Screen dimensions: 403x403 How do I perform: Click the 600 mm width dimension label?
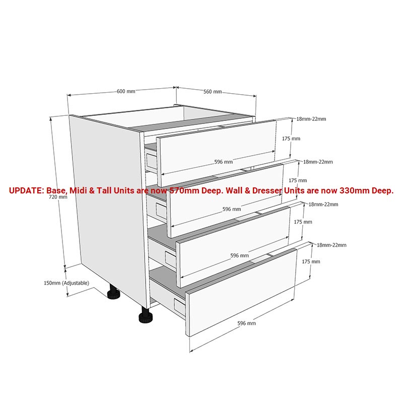[126, 91]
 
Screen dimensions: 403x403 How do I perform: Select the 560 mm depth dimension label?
[213, 92]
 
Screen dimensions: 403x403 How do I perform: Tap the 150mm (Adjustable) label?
[66, 283]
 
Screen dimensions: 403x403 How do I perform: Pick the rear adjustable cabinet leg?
[113, 292]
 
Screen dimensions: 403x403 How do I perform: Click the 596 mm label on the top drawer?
[223, 162]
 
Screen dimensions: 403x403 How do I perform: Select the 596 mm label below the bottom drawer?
[246, 323]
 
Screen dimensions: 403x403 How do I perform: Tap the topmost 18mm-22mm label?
[311, 119]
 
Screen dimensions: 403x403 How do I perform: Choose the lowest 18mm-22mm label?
[331, 245]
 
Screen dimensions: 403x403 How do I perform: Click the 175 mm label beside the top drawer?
[291, 139]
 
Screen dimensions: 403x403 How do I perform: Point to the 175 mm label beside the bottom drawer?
[311, 261]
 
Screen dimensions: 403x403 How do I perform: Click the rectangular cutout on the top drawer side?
[151, 161]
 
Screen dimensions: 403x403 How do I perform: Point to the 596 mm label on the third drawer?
[239, 255]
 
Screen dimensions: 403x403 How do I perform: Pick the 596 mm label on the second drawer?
[232, 209]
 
